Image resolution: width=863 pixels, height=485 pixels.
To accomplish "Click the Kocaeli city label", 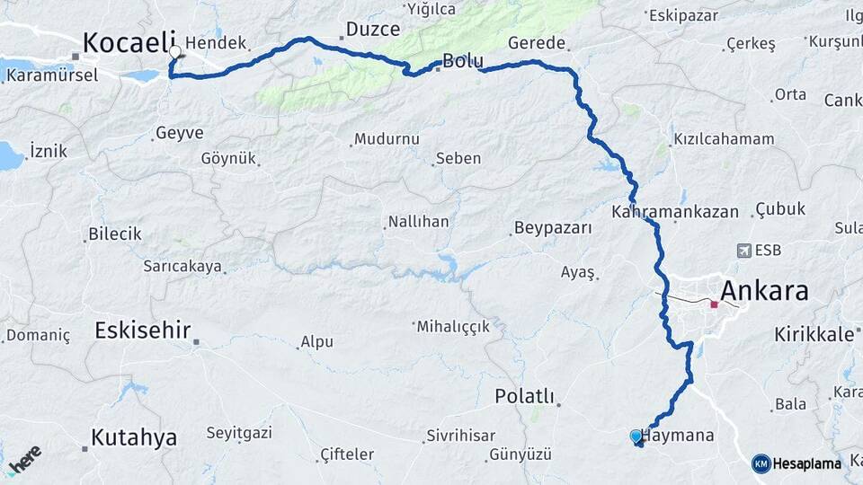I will (126, 42).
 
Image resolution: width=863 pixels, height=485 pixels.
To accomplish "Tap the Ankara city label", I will (764, 290).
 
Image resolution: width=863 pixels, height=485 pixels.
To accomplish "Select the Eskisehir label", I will (143, 331).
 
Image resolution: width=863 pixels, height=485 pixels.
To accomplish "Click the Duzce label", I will (372, 29).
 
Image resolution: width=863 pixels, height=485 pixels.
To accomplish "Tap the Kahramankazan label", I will (674, 212).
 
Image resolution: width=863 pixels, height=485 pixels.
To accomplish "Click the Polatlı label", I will (525, 396).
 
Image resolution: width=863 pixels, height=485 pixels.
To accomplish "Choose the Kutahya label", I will (133, 438).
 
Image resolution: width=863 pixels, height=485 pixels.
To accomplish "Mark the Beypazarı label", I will (553, 228).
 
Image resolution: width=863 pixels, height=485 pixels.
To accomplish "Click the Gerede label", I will (537, 42).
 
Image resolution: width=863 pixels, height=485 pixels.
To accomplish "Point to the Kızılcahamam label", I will (723, 139).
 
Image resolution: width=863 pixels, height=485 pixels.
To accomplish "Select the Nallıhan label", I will (418, 221).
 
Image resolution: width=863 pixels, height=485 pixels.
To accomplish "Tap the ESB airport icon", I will (743, 251).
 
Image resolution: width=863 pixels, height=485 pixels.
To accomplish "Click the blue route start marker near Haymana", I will (636, 436).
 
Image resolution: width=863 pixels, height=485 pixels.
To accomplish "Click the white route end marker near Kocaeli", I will (174, 52).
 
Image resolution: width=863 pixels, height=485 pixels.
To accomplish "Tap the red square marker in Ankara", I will (714, 304).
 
